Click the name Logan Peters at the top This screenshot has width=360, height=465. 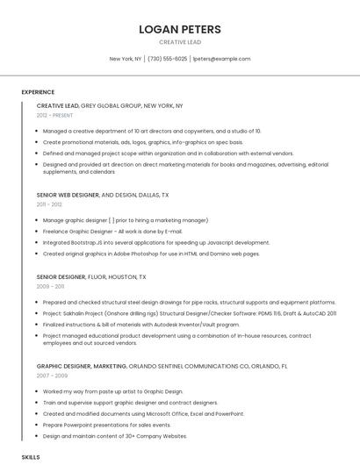(180, 29)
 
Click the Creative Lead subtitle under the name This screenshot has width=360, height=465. (180, 42)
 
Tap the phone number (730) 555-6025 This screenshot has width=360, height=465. (167, 59)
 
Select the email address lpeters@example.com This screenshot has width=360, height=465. (221, 59)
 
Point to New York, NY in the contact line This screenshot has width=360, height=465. (126, 59)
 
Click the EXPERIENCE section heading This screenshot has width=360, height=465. (38, 91)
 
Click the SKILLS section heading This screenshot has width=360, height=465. (31, 457)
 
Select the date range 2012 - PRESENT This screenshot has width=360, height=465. (54, 115)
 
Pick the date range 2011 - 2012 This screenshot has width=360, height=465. (49, 204)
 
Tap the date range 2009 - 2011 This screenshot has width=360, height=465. (49, 286)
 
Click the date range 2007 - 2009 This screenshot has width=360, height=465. (49, 375)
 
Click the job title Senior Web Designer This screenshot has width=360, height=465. (68, 195)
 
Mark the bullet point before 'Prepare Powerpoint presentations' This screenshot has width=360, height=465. (38, 425)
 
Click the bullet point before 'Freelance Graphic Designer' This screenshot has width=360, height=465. (38, 232)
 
